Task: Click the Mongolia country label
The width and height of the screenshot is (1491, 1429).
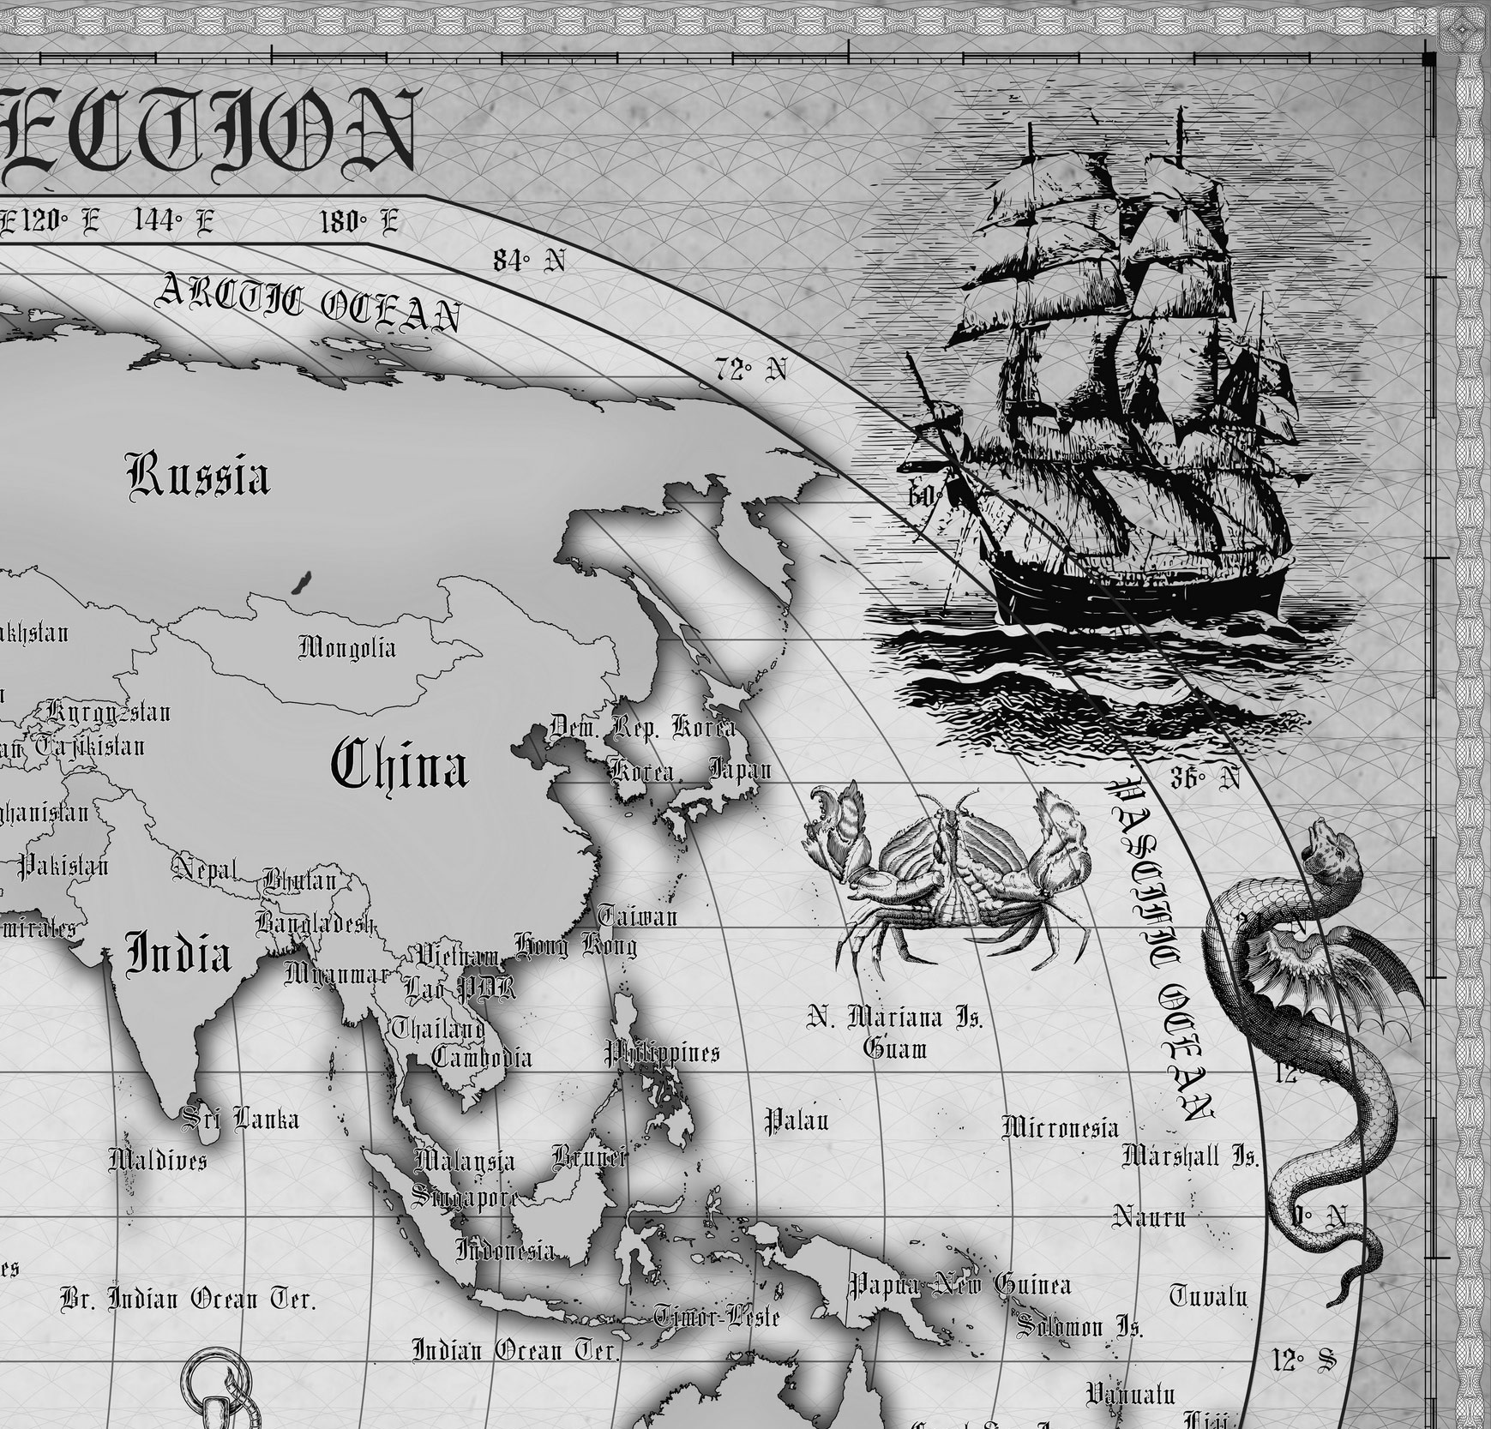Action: click(x=347, y=647)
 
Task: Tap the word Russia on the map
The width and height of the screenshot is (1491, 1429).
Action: click(x=198, y=476)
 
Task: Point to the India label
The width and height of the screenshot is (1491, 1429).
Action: click(x=178, y=955)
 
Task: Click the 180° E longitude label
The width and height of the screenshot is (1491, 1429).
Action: click(x=358, y=223)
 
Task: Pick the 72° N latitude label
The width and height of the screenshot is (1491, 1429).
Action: click(x=750, y=369)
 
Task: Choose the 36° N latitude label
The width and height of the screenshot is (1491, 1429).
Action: click(x=1205, y=778)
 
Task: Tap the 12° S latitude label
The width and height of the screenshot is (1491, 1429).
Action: click(x=1303, y=1360)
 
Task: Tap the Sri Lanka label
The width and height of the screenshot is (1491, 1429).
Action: click(x=242, y=1120)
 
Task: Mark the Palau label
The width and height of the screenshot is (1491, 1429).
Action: click(x=797, y=1120)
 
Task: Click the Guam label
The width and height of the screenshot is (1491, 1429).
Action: click(x=895, y=1048)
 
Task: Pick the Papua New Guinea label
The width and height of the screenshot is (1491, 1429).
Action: click(x=959, y=1285)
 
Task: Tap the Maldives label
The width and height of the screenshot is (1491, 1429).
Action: click(x=158, y=1161)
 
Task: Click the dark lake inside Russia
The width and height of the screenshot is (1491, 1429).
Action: click(x=299, y=585)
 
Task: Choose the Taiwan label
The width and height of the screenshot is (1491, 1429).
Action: click(x=637, y=916)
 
